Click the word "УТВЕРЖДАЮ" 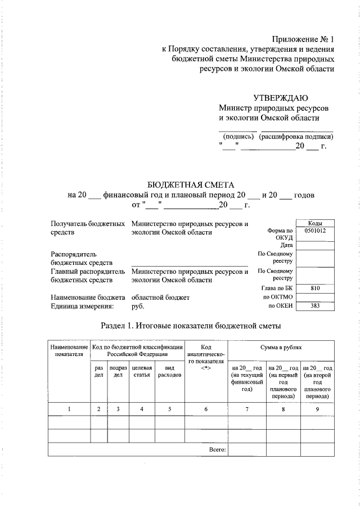280,98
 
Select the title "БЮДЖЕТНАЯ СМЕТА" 190,185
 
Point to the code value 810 315,288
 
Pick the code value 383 315,306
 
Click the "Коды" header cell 315,223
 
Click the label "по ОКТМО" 278,297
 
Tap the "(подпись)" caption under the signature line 239,137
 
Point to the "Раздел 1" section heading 190,326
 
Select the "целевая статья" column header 142,371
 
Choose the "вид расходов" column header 170,371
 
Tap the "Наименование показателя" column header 69,350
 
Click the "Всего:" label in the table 217,449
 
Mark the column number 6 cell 206,409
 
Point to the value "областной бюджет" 161,297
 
